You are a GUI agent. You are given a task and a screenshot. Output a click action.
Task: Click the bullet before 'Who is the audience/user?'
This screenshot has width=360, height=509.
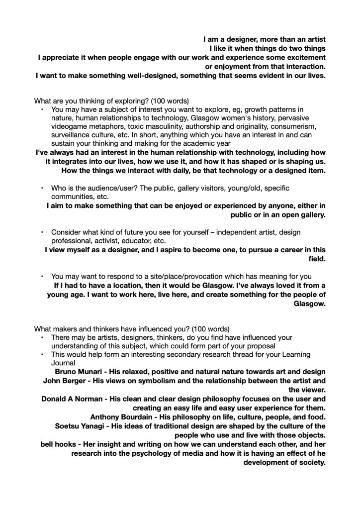point(42,188)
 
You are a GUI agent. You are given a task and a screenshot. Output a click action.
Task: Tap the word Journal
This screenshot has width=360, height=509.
point(65,363)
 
